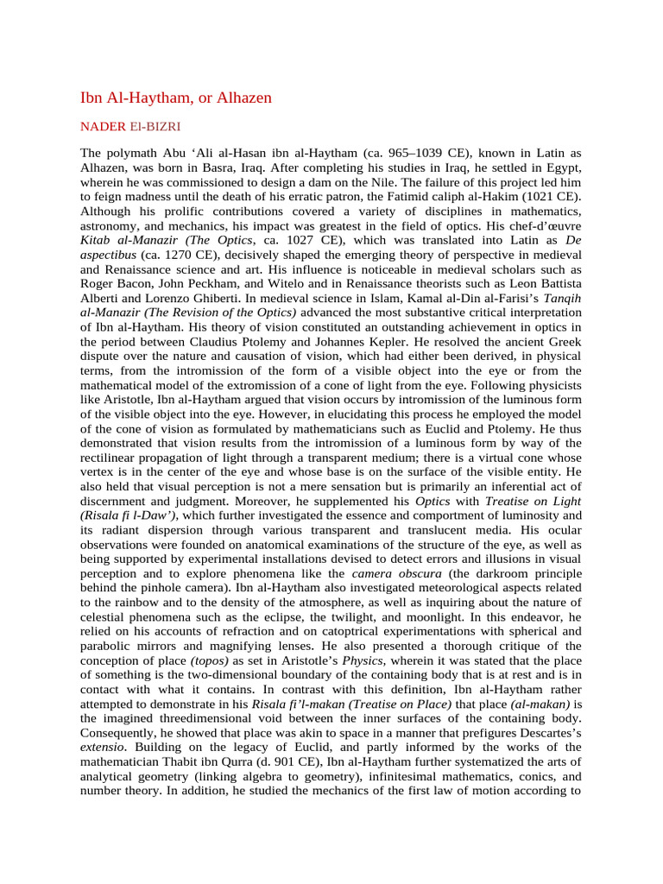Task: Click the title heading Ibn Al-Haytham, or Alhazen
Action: coord(175,98)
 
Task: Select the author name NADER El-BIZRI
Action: coord(130,127)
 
